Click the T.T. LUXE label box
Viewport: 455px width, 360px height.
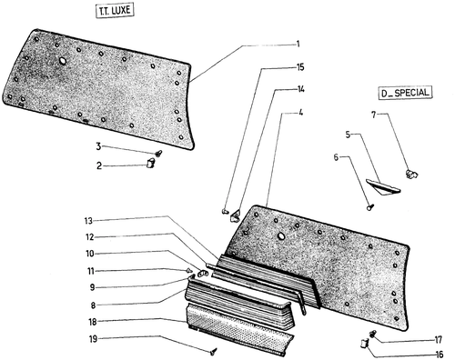click(x=115, y=11)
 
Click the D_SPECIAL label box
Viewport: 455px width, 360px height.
click(x=405, y=93)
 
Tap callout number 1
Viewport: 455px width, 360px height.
click(x=298, y=45)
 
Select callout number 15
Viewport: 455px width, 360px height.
click(x=299, y=67)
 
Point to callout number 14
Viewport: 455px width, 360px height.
click(x=300, y=89)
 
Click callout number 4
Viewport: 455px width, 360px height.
click(x=300, y=113)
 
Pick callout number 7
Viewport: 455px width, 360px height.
click(x=374, y=115)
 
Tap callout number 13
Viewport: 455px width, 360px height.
click(x=88, y=221)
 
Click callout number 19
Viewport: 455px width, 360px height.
click(x=93, y=339)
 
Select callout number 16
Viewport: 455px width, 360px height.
click(x=439, y=355)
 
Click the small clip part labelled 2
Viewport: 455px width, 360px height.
click(x=150, y=164)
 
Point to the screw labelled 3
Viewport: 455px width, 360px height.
click(x=158, y=154)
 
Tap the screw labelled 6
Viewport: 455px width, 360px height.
click(x=370, y=207)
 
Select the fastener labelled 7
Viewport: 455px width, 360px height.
click(x=411, y=174)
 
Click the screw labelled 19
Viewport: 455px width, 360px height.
click(x=214, y=352)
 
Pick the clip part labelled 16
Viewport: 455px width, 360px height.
click(x=364, y=345)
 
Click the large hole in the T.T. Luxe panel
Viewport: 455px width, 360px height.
click(x=63, y=61)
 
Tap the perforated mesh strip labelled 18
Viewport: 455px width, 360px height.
click(x=239, y=329)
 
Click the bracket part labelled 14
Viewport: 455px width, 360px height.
click(x=235, y=215)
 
